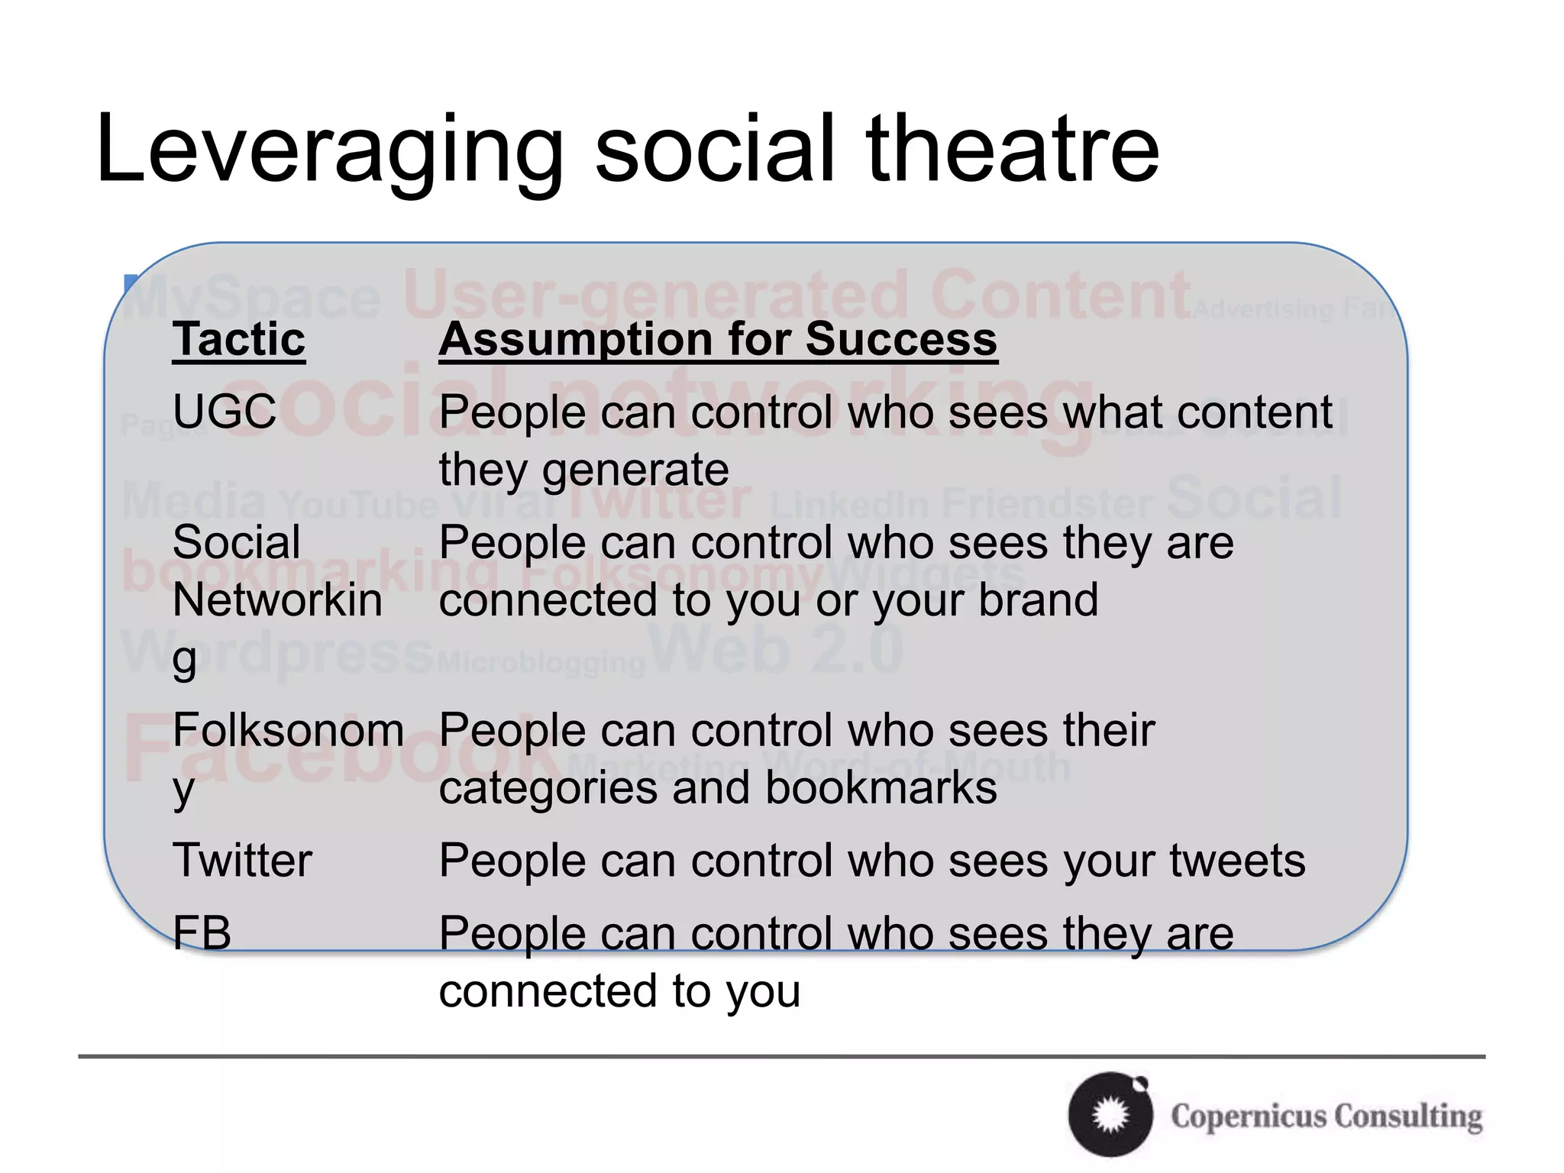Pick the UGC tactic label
[x=225, y=412]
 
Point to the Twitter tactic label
[x=242, y=860]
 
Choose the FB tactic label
[x=202, y=932]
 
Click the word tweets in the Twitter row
[x=1237, y=861]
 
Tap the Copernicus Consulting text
[x=1326, y=1116]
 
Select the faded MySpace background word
[x=252, y=298]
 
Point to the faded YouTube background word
[x=359, y=505]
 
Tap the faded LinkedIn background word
[x=850, y=505]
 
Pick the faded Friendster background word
[x=1046, y=505]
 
